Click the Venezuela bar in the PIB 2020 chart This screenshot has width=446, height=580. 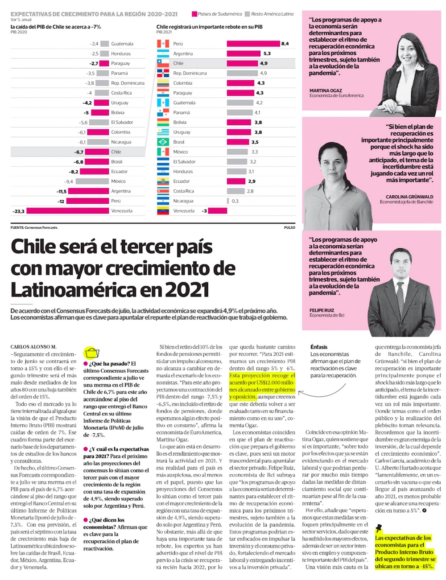tap(67, 211)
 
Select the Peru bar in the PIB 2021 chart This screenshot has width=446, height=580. tap(253, 44)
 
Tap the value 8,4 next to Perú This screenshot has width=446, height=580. tap(285, 44)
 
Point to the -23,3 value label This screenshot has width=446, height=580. tap(19, 211)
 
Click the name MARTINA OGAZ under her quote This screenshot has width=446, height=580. tap(326, 90)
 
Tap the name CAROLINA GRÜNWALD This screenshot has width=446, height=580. tap(409, 197)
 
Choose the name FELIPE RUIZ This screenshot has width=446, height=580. tap(322, 310)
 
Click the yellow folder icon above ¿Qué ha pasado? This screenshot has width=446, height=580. tap(91, 353)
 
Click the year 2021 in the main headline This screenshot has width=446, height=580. tap(187, 290)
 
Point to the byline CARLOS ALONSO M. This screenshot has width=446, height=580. tap(33, 347)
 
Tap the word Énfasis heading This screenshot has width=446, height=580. tap(319, 347)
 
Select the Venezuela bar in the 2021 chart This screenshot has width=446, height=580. tap(218, 211)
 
